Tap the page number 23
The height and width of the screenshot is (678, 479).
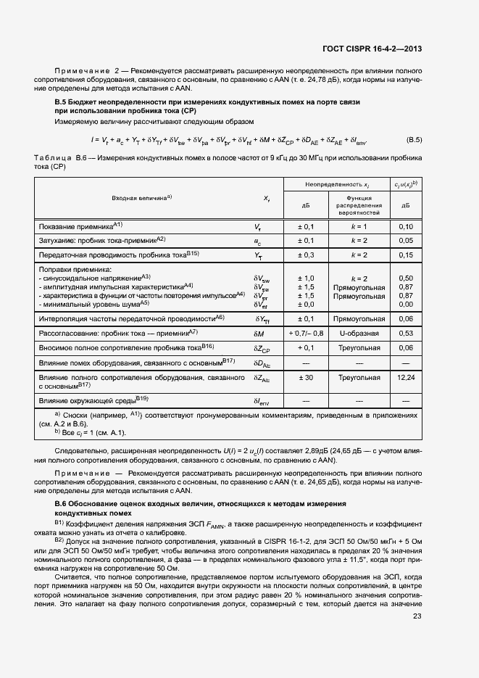point(417,617)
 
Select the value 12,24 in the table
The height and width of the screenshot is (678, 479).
point(406,378)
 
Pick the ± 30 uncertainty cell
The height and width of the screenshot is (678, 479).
point(306,378)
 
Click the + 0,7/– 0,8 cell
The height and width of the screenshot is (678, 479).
point(306,333)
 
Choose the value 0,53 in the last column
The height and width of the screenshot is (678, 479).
point(406,333)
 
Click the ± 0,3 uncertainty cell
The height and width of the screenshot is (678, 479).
point(306,255)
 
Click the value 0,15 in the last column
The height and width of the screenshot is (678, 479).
point(406,255)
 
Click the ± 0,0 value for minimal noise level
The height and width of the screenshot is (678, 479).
point(306,304)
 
